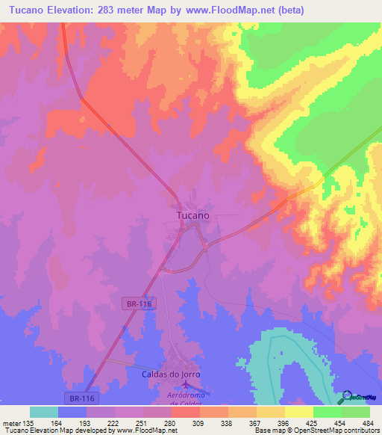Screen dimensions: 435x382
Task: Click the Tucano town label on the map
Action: coord(192,215)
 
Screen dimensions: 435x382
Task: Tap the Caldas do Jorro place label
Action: coord(172,374)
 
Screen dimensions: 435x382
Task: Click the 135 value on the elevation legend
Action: coord(29,423)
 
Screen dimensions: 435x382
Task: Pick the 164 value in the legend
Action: coord(57,423)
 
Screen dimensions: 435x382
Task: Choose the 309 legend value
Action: coord(199,423)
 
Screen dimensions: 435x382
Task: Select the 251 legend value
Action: coord(143,423)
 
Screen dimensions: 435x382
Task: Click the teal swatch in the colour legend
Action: coord(44,412)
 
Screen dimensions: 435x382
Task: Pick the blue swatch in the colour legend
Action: coord(72,412)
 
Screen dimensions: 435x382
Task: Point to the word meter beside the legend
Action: coord(12,423)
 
